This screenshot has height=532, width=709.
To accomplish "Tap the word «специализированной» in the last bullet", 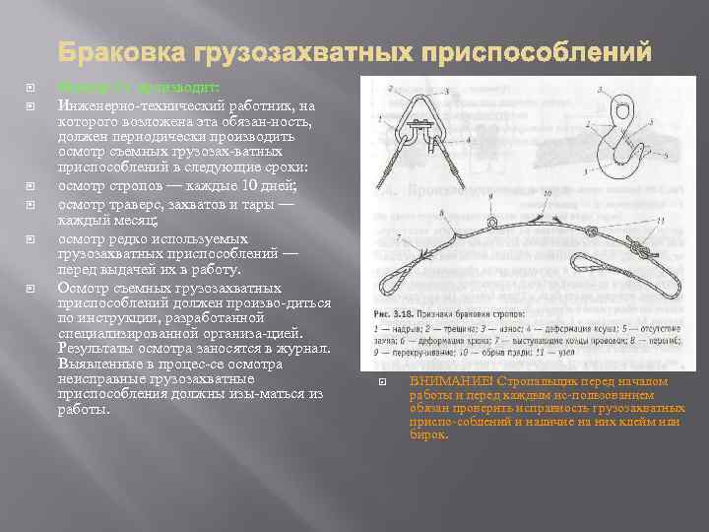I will coord(125,333).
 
